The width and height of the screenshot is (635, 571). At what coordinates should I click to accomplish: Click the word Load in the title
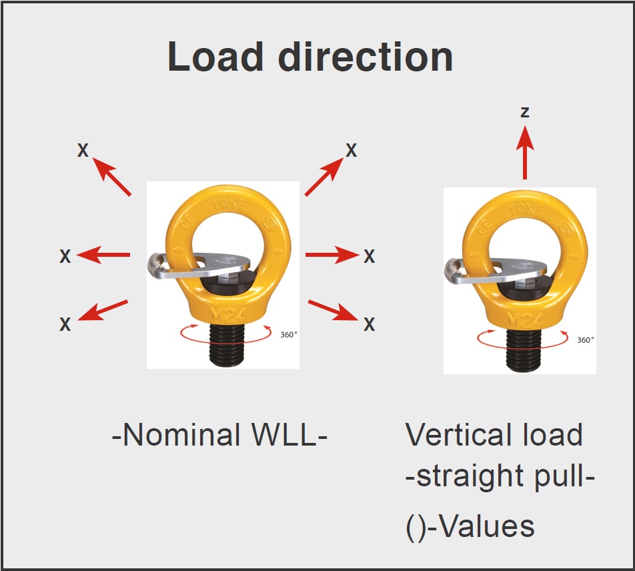[x=215, y=57]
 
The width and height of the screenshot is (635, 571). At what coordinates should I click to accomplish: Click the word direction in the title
[x=366, y=57]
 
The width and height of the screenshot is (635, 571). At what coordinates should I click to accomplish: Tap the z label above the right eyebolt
[x=525, y=112]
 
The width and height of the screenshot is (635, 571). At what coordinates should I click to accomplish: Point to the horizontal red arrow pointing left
[x=104, y=254]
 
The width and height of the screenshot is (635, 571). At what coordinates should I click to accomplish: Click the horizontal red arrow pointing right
[x=332, y=254]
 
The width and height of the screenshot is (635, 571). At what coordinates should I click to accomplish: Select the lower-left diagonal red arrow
[x=103, y=311]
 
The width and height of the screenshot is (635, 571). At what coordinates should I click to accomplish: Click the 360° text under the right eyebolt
[x=585, y=340]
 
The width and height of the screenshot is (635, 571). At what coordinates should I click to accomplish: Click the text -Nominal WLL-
[x=219, y=436]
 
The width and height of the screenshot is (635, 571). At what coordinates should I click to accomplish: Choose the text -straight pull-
[x=500, y=478]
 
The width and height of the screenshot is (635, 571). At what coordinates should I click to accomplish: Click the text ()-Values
[x=470, y=526]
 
